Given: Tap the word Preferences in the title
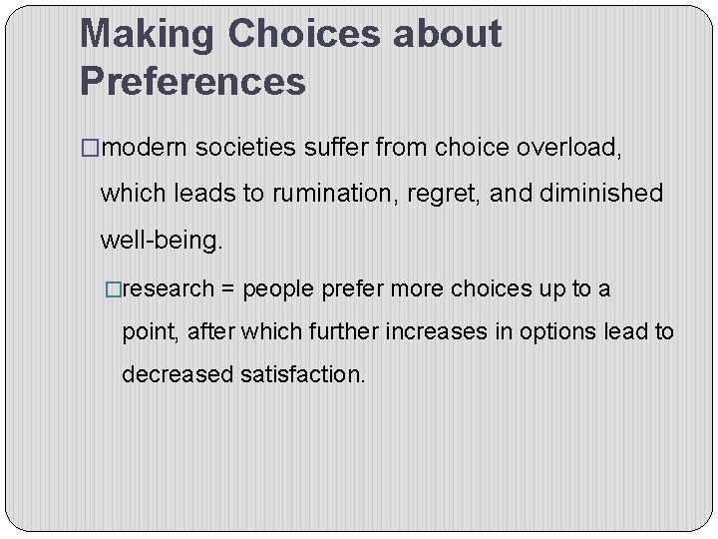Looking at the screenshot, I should point(192,82).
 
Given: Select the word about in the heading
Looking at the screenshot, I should point(447,35).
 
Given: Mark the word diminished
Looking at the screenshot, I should point(601,194).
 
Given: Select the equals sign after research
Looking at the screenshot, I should point(228,289).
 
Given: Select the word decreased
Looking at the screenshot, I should point(178,374).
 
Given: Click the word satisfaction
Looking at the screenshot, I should point(302,374).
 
